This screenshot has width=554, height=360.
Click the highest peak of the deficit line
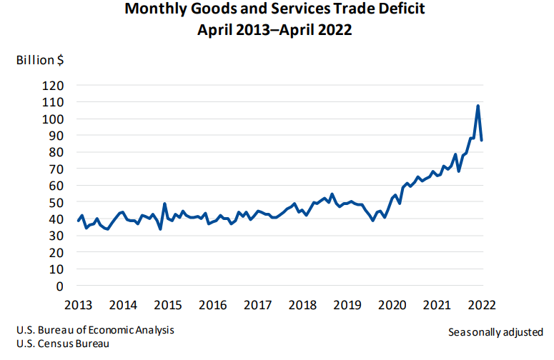pos(478,106)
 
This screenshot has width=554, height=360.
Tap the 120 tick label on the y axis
pos(55,85)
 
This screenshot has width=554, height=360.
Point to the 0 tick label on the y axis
pos(61,286)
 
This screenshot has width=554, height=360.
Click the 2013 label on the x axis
pos(79,305)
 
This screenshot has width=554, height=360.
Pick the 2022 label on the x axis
pos(482,305)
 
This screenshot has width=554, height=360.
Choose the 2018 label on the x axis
pos(302,305)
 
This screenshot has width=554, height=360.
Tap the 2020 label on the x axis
pos(392,305)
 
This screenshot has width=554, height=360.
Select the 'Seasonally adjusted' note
pos(495,332)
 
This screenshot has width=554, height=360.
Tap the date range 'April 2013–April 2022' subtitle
pos(274,31)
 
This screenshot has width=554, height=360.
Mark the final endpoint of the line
pos(482,140)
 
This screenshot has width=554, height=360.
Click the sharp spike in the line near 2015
pos(164,204)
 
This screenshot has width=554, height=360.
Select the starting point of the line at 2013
pos(79,221)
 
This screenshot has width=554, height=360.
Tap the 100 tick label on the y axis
pos(55,119)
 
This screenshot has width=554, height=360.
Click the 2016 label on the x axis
pos(212,305)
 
